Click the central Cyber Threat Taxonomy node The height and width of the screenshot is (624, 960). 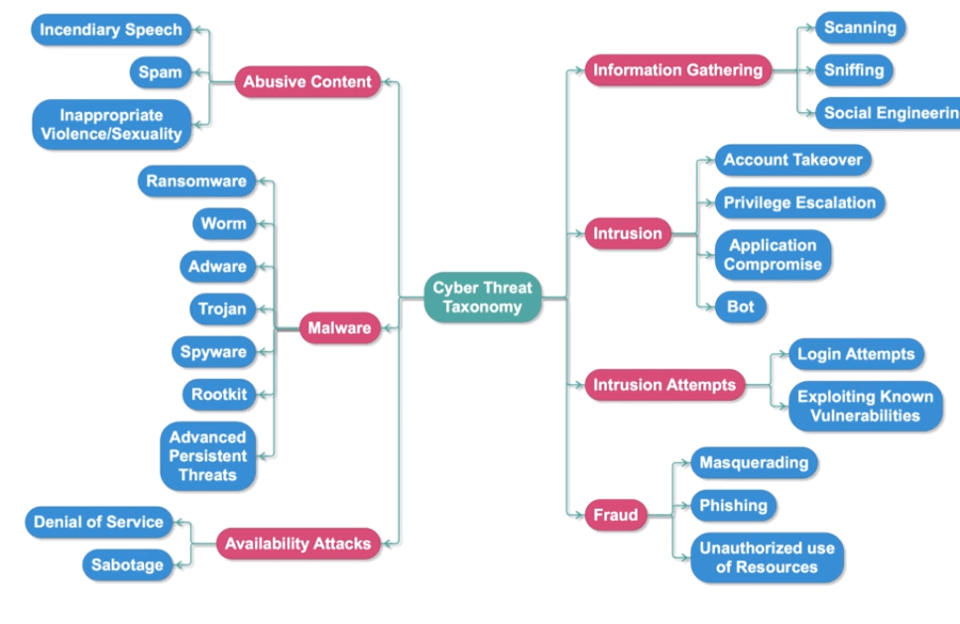coord(483,298)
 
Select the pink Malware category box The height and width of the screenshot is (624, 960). coord(339,328)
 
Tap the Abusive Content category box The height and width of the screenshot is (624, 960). coord(307,82)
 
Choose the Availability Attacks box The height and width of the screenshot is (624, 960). coord(298,544)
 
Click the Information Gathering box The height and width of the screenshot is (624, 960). coord(677,70)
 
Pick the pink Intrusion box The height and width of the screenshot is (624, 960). coord(627,234)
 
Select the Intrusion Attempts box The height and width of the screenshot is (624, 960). coord(663,385)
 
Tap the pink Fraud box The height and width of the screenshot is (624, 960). coord(615,515)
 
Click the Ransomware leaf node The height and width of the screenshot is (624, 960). coord(195,182)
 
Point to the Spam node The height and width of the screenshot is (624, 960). coord(160,72)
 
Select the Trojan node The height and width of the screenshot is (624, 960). coord(222,310)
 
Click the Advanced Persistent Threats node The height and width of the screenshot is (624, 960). coord(207,456)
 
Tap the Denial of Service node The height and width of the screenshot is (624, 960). coord(98,522)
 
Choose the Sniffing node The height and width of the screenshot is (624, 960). coord(853,70)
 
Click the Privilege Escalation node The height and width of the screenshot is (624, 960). coord(799,202)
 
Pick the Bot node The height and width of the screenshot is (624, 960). coord(741,308)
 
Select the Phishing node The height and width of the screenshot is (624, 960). coord(733,506)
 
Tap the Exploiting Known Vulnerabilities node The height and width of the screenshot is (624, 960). coord(865,406)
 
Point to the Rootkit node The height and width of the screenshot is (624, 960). coord(219,395)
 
